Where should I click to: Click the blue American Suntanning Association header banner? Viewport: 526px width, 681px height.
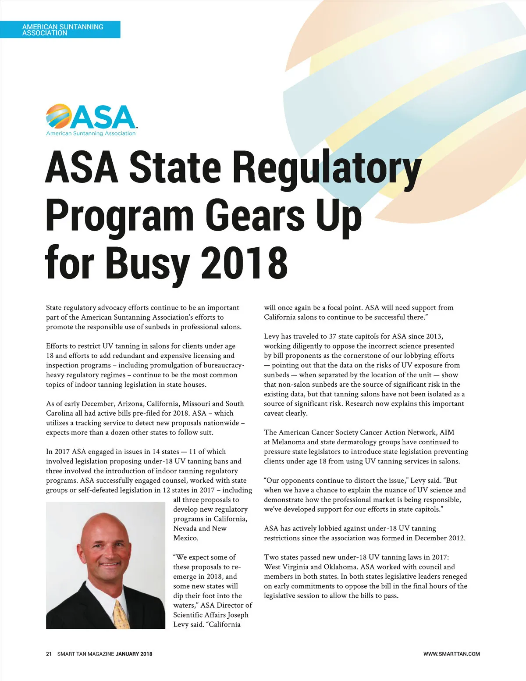(60, 29)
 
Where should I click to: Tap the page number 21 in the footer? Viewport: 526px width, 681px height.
(49, 654)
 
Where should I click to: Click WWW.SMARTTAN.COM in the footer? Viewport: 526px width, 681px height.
(451, 654)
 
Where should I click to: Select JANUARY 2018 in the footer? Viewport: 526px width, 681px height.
(134, 654)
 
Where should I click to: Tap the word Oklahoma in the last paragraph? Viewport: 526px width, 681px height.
(340, 567)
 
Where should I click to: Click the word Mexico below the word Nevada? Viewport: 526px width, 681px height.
(186, 538)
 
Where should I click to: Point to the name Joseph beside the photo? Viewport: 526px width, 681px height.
(238, 615)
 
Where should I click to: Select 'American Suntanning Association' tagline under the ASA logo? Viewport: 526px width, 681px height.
(91, 133)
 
